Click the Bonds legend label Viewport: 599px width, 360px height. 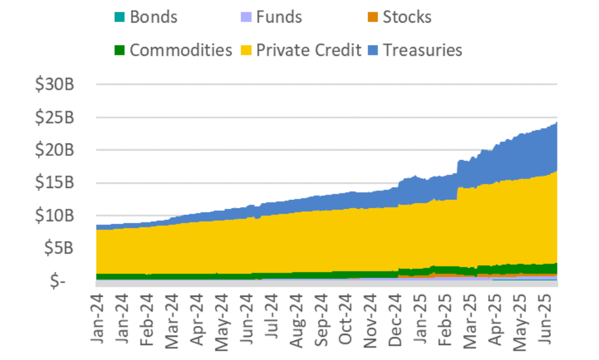(x=154, y=17)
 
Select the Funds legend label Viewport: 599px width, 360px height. (x=278, y=17)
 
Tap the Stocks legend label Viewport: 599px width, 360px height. (x=407, y=17)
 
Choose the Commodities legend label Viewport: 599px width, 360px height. (x=180, y=49)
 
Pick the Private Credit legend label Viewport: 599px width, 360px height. (x=309, y=49)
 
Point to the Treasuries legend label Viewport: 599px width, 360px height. (x=423, y=49)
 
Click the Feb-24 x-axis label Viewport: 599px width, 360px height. (x=148, y=318)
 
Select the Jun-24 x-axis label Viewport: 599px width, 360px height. (x=248, y=318)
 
